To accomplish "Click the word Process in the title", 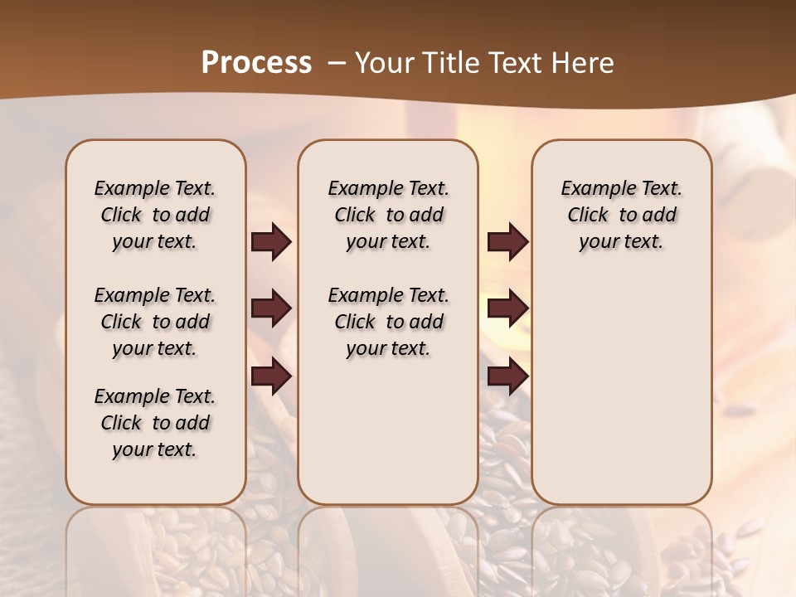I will [256, 62].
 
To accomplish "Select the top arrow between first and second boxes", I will [271, 242].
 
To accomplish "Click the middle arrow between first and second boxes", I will [271, 309].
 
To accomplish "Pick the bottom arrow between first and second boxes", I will [271, 377].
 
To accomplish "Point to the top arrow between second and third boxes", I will [507, 242].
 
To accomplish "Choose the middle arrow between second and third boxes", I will [507, 309].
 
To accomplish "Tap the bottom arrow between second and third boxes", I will [507, 377].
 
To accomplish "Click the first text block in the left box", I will [155, 215].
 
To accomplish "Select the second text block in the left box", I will [155, 322].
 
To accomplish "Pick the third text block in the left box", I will [155, 423].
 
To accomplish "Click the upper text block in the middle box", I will [388, 215].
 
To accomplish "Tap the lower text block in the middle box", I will [388, 322].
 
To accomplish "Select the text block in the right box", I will [622, 215].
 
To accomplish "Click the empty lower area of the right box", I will [622, 390].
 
